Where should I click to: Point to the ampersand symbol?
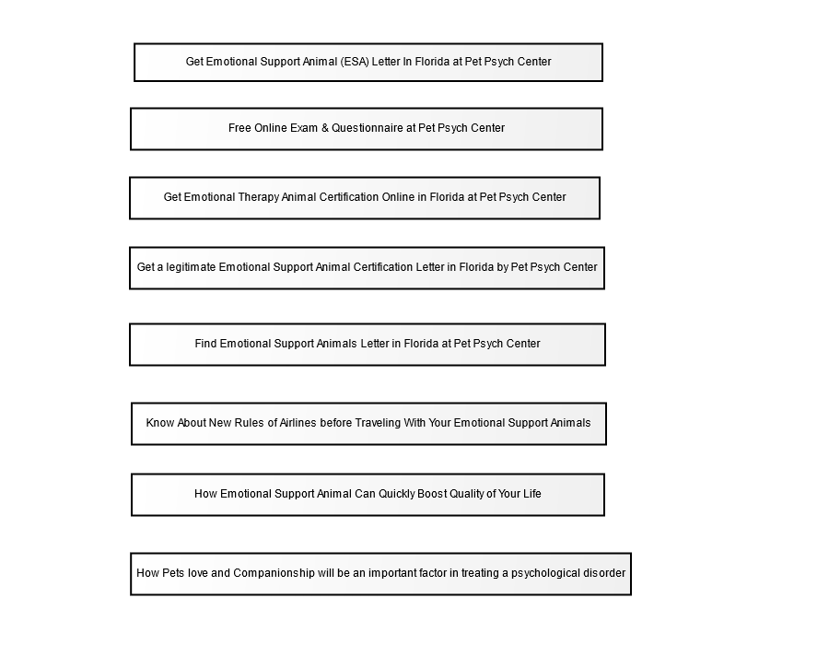[x=324, y=128]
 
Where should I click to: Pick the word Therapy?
[x=259, y=197]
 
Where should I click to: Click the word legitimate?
[x=191, y=267]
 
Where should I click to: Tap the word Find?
[x=205, y=344]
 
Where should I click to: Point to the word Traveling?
[x=378, y=423]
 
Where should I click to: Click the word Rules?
[x=249, y=423]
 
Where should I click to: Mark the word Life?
[x=531, y=494]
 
